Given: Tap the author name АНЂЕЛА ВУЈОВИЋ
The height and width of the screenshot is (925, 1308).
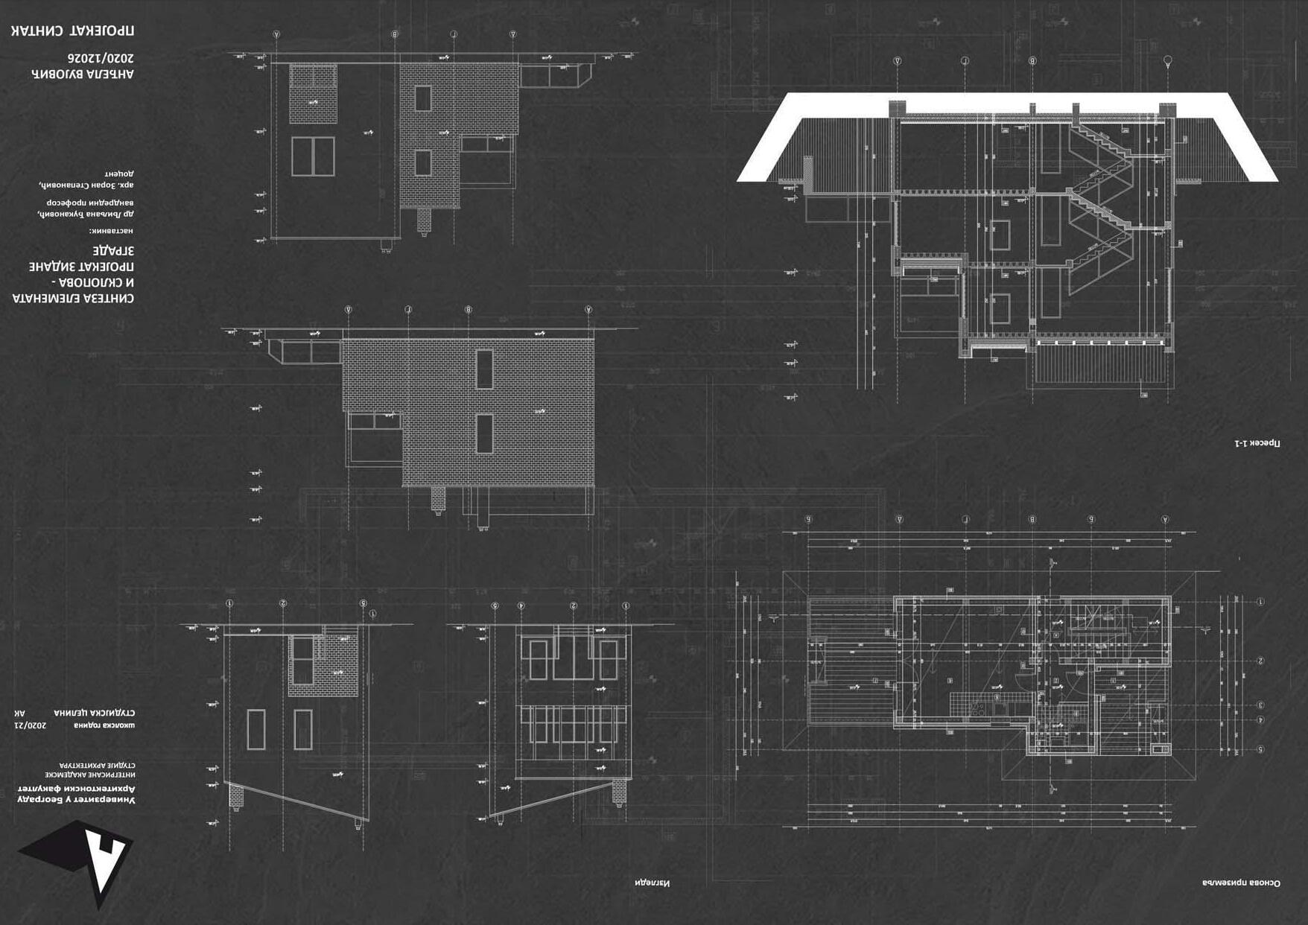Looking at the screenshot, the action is point(83,74).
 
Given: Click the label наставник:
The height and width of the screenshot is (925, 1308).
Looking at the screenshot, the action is point(112,231).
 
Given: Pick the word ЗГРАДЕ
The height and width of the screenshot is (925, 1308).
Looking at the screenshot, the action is point(113,250).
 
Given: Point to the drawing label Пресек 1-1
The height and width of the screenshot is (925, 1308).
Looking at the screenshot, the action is point(1257,444).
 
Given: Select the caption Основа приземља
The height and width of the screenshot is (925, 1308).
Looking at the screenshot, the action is point(1241,883).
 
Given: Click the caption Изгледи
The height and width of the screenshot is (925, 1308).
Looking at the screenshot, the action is point(653,883).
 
